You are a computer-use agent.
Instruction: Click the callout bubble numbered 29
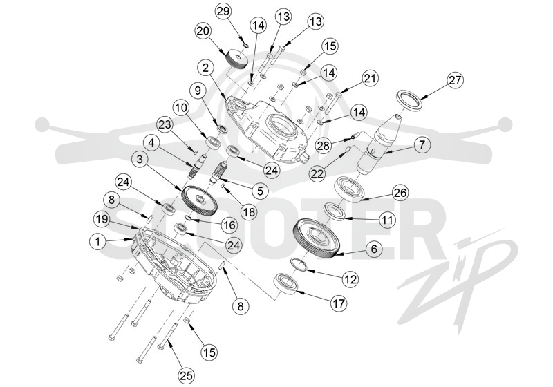tap(223, 11)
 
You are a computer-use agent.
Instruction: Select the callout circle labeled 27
tap(455, 80)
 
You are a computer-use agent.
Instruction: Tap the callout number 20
tap(203, 31)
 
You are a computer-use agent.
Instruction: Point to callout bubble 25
tap(187, 376)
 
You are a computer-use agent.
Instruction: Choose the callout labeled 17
tap(339, 303)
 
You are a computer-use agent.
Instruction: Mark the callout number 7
tap(422, 145)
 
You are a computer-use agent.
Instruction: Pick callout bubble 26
tap(400, 193)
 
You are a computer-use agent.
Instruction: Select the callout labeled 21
tap(370, 79)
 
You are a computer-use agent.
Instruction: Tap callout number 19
tap(102, 220)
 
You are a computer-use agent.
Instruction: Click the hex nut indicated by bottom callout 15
tap(187, 321)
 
